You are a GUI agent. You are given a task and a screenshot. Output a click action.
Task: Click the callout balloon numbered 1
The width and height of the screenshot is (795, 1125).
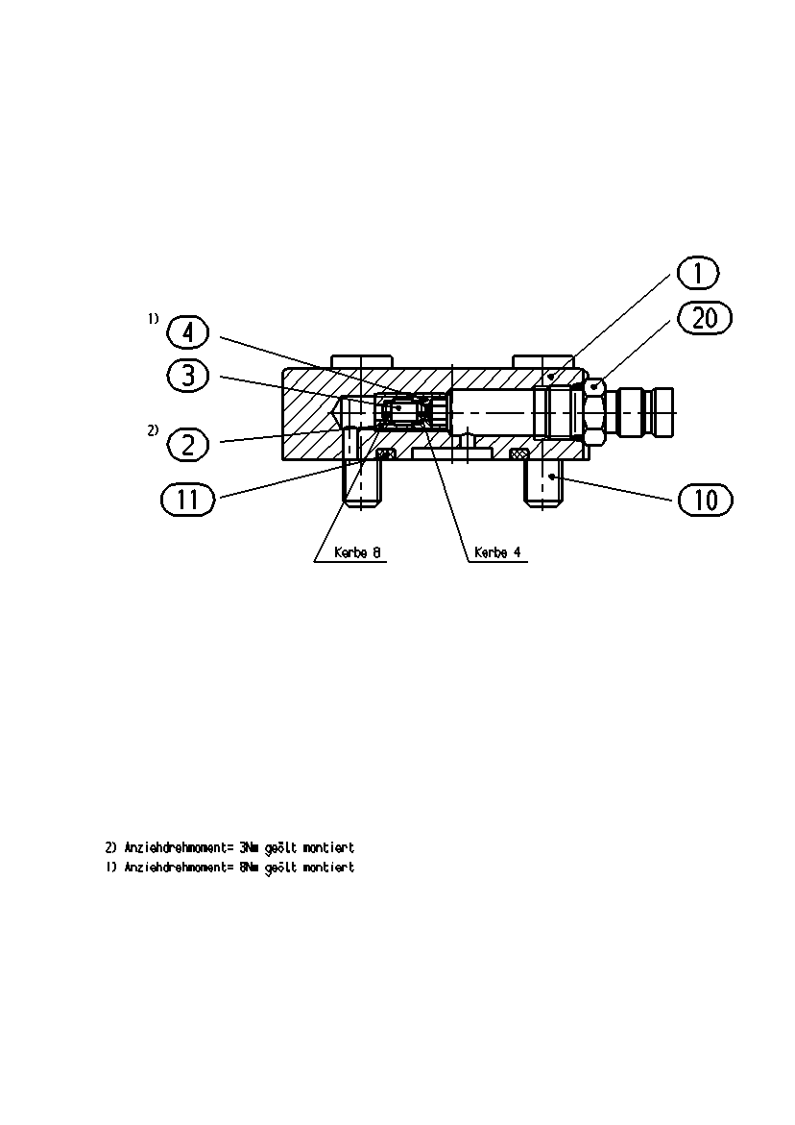pos(697,273)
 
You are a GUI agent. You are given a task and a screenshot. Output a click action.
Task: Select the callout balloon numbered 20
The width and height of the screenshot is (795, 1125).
pos(705,318)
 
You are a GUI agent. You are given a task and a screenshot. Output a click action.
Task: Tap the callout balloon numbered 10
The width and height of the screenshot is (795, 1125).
pos(706,500)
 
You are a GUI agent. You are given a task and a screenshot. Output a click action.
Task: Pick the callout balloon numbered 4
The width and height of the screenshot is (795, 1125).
pos(187,333)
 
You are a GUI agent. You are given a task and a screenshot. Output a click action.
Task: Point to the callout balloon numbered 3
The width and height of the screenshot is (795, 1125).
pos(188,376)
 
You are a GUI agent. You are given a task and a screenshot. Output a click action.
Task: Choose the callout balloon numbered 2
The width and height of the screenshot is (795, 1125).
pos(188,445)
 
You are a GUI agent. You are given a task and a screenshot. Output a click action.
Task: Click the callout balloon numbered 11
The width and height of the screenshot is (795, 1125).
pos(188,499)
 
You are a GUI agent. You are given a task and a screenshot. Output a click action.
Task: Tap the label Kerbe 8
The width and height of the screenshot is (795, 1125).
pos(357,553)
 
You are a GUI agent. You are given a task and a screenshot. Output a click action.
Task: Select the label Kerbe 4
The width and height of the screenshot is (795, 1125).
pos(497,553)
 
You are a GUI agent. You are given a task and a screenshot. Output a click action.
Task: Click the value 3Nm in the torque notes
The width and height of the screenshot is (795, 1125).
pos(249,847)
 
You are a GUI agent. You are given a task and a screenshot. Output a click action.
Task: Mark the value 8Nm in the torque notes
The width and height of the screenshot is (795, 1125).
pos(249,867)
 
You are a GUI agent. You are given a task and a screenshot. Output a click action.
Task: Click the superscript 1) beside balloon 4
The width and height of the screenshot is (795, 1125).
pos(154,319)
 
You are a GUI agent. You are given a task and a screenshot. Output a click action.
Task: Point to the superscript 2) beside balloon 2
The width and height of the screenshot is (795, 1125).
pos(154,430)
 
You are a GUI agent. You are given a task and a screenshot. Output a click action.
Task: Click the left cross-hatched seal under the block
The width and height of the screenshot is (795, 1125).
pos(386,453)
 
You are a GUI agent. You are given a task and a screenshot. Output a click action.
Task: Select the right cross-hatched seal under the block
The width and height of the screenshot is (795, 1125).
pos(519,453)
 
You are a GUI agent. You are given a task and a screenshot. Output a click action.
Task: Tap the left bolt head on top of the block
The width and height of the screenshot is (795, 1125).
pos(362,361)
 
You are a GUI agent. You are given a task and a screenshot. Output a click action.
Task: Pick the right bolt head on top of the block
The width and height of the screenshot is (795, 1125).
pos(543,361)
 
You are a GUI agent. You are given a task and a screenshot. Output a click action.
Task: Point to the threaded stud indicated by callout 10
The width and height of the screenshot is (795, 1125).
pos(544,484)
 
